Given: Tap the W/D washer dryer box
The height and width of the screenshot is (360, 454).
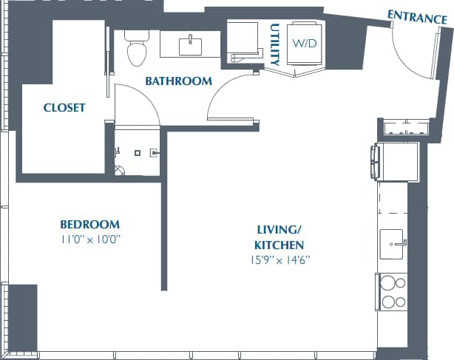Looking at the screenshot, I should [303, 44].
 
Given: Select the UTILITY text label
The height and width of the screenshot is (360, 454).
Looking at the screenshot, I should [274, 43].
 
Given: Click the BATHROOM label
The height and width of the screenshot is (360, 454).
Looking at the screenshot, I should [178, 81].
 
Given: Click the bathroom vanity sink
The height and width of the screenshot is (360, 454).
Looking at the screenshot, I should [191, 44].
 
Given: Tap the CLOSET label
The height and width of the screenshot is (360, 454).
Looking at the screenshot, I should [64, 108].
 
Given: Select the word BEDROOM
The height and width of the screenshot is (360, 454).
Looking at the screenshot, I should [89, 225].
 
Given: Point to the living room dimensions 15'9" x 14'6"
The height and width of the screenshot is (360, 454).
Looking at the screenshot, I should [279, 259].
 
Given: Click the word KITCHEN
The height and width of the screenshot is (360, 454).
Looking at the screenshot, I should [279, 245].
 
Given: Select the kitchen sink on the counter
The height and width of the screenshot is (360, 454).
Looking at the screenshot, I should [391, 244].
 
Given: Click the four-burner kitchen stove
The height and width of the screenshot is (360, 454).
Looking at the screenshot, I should [392, 291].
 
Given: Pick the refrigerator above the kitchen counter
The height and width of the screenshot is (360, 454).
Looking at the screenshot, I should [398, 160].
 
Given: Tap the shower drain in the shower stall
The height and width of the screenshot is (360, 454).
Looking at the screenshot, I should [138, 153].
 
